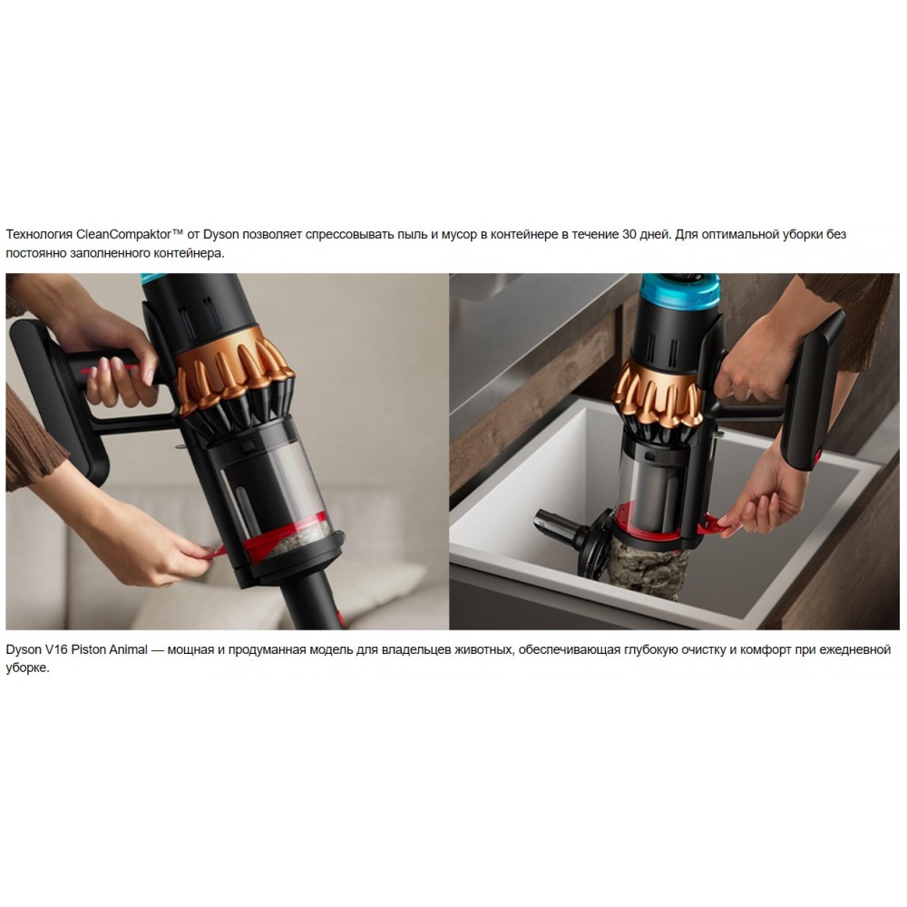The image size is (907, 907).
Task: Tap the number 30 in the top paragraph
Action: click(629, 234)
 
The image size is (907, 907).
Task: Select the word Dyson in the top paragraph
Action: click(221, 234)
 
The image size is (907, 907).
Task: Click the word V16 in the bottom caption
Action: click(56, 649)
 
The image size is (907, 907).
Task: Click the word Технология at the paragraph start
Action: click(39, 234)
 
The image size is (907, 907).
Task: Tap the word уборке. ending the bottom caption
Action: click(28, 668)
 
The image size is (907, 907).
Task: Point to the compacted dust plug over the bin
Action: click(647, 562)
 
